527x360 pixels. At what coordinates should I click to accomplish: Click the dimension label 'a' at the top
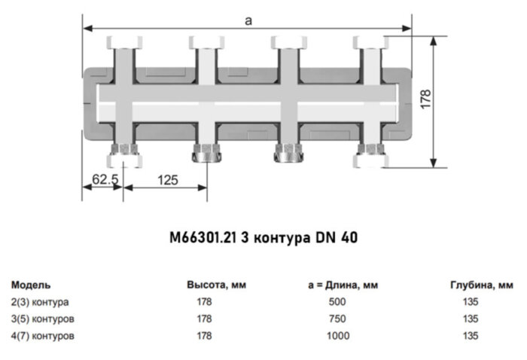click(x=248, y=21)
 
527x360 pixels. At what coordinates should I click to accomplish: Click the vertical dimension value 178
click(x=427, y=99)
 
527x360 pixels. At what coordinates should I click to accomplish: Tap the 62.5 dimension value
click(x=105, y=179)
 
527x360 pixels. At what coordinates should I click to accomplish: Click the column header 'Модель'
click(x=31, y=285)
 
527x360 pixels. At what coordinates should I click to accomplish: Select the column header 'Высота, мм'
click(x=216, y=285)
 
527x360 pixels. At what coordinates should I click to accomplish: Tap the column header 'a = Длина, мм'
click(x=343, y=285)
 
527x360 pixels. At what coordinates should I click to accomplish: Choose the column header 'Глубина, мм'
click(x=482, y=285)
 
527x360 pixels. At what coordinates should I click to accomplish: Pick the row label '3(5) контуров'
click(x=42, y=318)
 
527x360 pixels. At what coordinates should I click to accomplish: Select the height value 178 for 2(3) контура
click(x=204, y=301)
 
